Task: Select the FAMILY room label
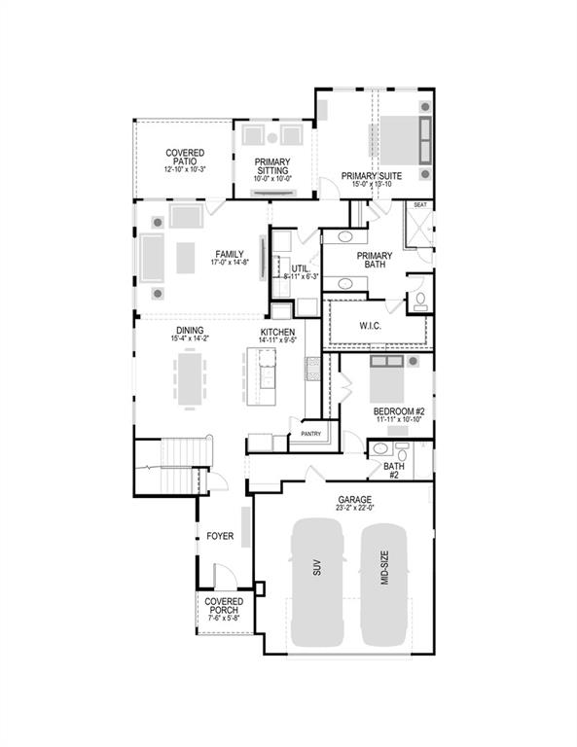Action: click(229, 255)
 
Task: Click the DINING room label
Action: click(190, 331)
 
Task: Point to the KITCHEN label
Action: click(277, 333)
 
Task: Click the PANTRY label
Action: click(311, 434)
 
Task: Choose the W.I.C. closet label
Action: click(369, 325)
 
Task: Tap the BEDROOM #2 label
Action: click(399, 411)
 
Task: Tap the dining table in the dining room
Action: click(189, 376)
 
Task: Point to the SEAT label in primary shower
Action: click(420, 205)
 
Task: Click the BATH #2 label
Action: click(394, 470)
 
